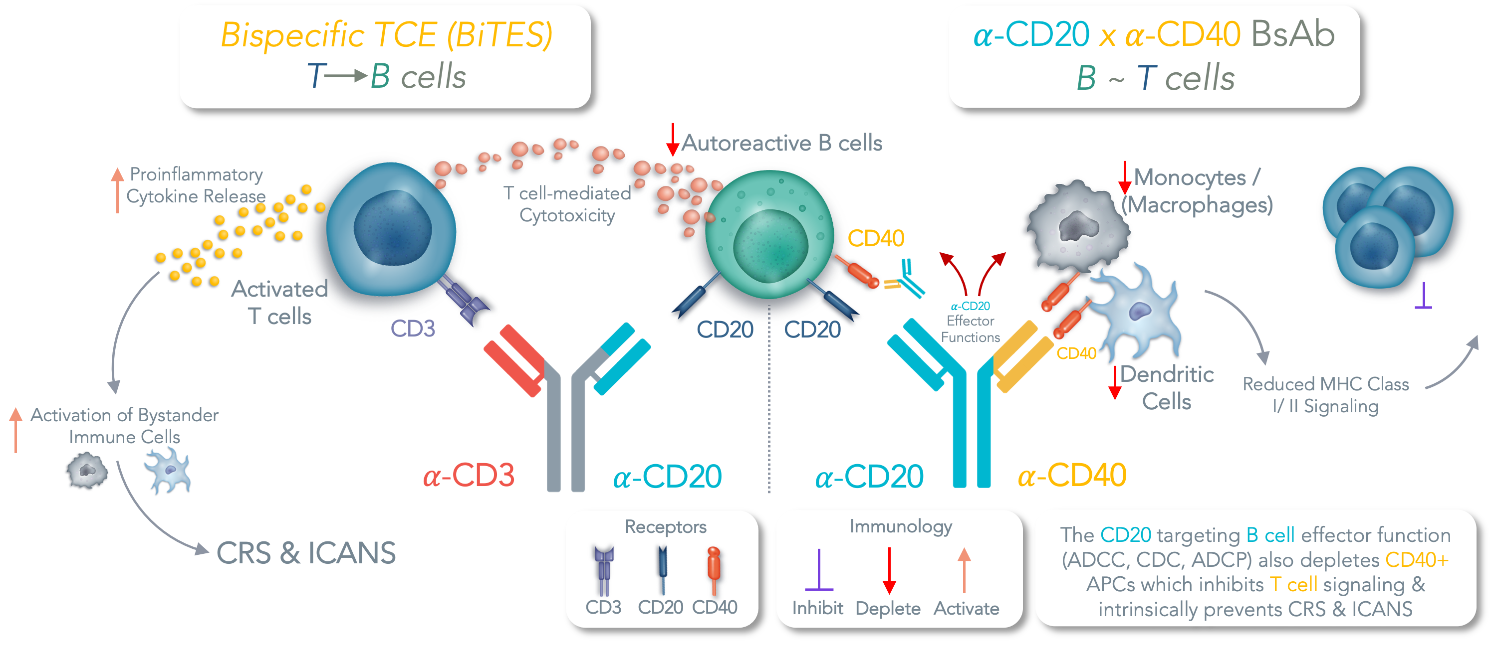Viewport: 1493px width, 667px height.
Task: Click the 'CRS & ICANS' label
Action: click(x=306, y=553)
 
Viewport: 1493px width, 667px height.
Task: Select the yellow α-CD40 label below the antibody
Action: click(x=1072, y=476)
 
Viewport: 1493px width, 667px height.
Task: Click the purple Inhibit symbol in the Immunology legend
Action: click(x=818, y=571)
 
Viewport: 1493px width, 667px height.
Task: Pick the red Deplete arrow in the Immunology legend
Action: click(x=889, y=571)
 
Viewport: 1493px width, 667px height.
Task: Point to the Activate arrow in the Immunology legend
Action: click(x=964, y=571)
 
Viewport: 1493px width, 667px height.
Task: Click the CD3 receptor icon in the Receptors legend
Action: click(x=603, y=570)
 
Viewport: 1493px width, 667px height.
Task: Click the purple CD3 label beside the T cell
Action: click(x=413, y=329)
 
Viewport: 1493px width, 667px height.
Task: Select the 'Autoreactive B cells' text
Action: click(x=781, y=143)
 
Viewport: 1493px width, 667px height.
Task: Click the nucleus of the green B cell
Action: click(x=770, y=246)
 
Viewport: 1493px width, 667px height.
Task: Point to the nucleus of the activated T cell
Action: click(x=392, y=227)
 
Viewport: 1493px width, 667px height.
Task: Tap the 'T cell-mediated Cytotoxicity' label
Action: click(x=567, y=204)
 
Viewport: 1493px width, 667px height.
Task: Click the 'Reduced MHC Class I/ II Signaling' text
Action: click(x=1325, y=395)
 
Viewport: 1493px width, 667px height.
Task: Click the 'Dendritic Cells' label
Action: click(x=1167, y=388)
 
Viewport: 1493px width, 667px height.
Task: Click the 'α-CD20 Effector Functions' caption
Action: click(x=970, y=322)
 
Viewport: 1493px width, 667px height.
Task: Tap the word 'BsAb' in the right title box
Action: click(x=1292, y=35)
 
